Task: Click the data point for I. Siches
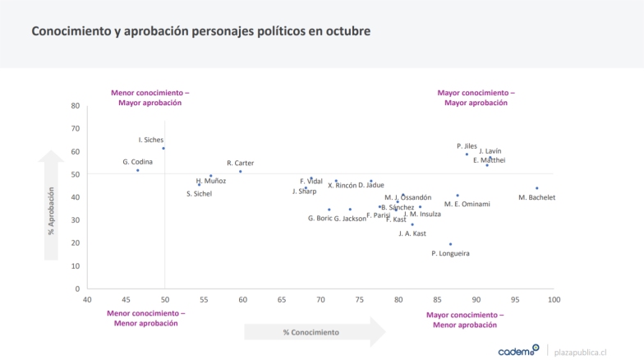163,148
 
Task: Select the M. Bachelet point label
537,197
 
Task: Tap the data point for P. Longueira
450,243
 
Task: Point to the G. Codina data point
137,170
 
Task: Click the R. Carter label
240,163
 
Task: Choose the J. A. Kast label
412,233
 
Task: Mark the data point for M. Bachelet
536,188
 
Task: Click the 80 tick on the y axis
75,105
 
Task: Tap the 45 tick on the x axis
126,299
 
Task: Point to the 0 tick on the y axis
77,288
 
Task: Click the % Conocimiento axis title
310,332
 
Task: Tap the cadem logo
518,350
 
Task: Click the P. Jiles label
467,145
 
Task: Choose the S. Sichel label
199,193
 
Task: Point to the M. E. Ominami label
467,204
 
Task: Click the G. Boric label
320,218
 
